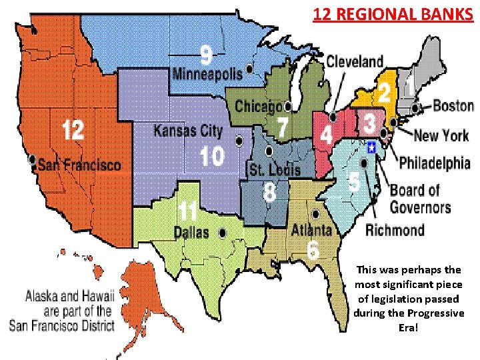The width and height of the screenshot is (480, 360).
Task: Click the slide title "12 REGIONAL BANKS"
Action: tap(393, 13)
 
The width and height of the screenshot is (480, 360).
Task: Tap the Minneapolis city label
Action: tap(207, 74)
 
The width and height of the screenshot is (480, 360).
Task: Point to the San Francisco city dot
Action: tap(33, 159)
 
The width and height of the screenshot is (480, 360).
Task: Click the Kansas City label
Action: tap(188, 129)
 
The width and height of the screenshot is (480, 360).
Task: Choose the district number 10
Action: tap(212, 157)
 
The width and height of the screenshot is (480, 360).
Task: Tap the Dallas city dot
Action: tap(223, 232)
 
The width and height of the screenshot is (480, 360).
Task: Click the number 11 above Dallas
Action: tap(187, 213)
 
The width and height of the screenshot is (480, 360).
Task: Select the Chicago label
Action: tap(258, 107)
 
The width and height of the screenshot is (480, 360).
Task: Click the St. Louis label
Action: tap(274, 170)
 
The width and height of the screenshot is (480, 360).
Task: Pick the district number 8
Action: tap(269, 193)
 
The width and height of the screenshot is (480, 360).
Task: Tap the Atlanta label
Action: tap(311, 230)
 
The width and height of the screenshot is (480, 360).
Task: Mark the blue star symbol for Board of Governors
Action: tap(371, 147)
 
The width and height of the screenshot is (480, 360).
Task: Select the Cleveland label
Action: tap(355, 62)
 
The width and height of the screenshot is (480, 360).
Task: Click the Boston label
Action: tap(453, 105)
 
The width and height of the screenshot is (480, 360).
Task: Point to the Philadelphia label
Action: tap(435, 163)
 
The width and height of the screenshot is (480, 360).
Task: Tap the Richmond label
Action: tap(395, 230)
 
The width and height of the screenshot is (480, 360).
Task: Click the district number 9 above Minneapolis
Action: tap(208, 54)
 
